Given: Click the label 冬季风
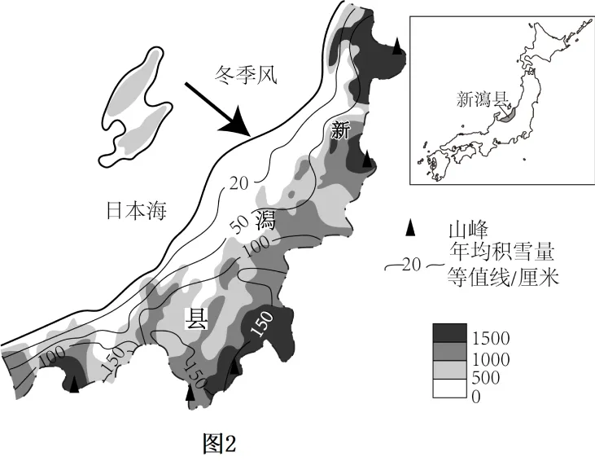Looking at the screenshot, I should pyautogui.click(x=247, y=76).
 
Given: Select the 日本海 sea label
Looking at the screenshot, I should pyautogui.click(x=137, y=211).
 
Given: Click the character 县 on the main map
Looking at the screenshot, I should pyautogui.click(x=198, y=318).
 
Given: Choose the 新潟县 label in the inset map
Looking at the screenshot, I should pyautogui.click(x=483, y=99).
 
